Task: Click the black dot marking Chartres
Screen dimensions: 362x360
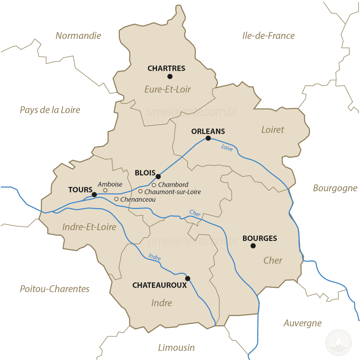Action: [x=170, y=76]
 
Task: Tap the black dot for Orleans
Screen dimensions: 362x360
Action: [x=208, y=138]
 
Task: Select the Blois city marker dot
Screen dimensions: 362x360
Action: [x=158, y=176]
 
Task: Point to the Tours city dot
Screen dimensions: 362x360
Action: [x=94, y=195]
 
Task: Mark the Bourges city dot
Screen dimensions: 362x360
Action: [x=253, y=246]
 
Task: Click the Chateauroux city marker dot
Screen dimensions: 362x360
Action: [x=188, y=278]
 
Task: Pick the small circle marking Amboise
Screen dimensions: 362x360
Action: [x=105, y=190]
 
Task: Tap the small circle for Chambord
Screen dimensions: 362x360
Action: [x=154, y=185]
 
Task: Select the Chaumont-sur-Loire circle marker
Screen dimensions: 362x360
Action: [x=140, y=191]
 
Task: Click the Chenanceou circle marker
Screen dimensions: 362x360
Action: [x=116, y=199]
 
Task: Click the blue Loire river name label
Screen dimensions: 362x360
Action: [x=227, y=147]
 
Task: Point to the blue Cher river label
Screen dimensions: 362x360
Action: [x=195, y=213]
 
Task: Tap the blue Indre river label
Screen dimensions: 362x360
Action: [x=154, y=257]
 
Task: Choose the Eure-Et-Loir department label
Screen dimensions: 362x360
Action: [x=167, y=89]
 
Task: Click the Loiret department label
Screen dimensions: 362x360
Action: [x=273, y=130]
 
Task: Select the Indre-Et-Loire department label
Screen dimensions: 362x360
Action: [x=89, y=227]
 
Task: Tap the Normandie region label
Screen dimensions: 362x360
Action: [x=78, y=36]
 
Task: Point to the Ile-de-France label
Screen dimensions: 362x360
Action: [x=268, y=36]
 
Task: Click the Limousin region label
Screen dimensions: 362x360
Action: [x=176, y=348]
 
